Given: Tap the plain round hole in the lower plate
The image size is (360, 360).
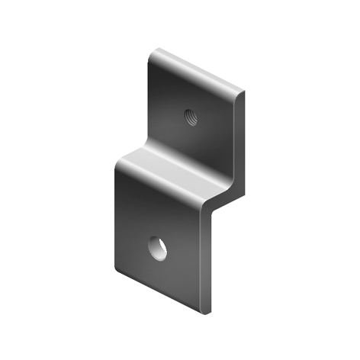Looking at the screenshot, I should click(158, 248).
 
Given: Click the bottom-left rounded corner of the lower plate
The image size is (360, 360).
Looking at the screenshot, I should click(117, 268).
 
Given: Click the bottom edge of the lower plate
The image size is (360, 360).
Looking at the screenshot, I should click(160, 291).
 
